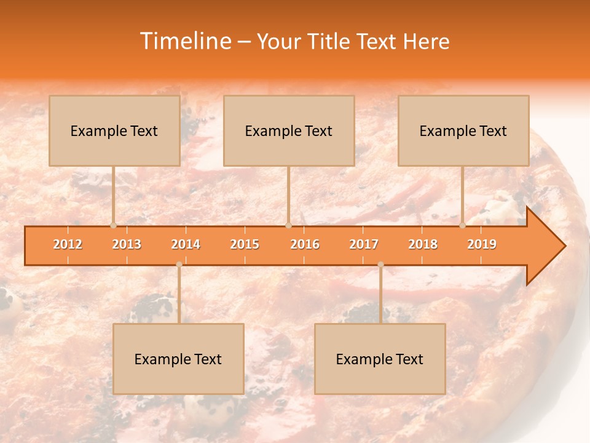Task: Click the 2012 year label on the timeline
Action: coord(68,244)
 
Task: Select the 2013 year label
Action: coord(127,244)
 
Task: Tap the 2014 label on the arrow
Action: coord(186,244)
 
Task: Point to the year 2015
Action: coord(245,244)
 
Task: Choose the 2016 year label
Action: coord(305,244)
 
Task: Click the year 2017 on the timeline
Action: coord(364,244)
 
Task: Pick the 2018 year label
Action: coord(423,244)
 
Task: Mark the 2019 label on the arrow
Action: coord(482,244)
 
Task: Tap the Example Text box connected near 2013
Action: coord(114,130)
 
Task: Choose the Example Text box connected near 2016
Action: coord(289,130)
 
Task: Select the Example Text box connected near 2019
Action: coord(463,130)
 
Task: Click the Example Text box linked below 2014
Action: coord(178,359)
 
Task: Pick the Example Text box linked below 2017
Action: coord(380,359)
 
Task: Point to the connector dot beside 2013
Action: coord(113,225)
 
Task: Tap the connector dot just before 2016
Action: coord(288,225)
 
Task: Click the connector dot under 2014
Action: coord(179,265)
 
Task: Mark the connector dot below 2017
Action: coord(380,265)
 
